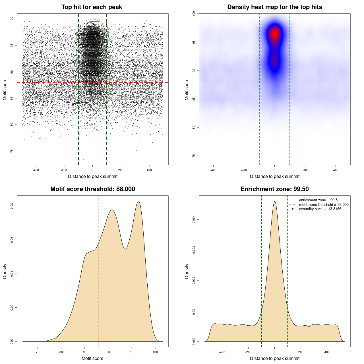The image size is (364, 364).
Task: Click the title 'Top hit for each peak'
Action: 92,7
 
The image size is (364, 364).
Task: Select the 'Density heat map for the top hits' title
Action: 274,7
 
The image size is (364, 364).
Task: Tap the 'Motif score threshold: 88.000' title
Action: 92,189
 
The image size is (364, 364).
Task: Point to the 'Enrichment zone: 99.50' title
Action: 274,189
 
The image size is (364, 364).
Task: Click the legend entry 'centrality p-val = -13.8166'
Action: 320,209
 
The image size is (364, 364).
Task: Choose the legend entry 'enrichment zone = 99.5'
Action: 318,200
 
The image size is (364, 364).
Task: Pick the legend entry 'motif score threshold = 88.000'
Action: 324,204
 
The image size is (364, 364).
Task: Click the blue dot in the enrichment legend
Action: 293,209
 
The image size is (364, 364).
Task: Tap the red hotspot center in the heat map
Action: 275,34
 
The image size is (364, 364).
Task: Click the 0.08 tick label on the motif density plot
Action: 12,206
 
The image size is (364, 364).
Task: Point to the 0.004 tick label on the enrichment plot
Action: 194,219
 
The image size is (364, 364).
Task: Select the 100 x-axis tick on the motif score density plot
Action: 155,352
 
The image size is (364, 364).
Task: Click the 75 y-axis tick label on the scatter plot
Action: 12,151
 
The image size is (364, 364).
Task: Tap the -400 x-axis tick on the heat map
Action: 213,170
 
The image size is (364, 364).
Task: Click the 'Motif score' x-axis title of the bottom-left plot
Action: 92,358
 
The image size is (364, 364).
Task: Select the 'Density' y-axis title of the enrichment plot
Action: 187,271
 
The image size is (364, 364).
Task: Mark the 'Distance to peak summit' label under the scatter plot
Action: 93,176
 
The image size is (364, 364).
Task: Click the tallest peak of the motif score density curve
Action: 138,201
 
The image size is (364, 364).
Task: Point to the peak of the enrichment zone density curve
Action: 275,201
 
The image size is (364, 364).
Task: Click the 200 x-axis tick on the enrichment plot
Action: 301,352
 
